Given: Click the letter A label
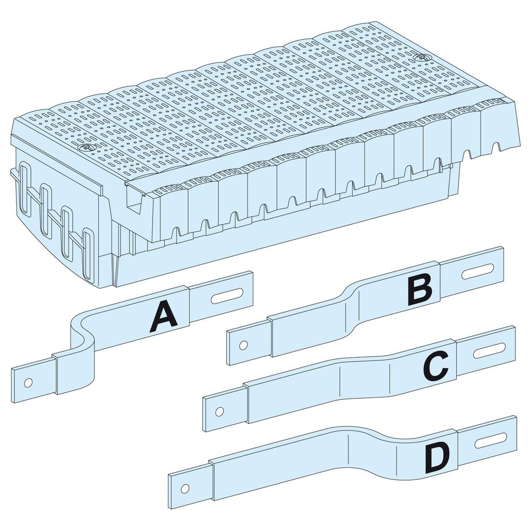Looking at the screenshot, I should point(164,318).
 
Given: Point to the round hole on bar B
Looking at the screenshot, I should point(243,346).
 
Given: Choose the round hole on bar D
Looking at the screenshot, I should point(184,489).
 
